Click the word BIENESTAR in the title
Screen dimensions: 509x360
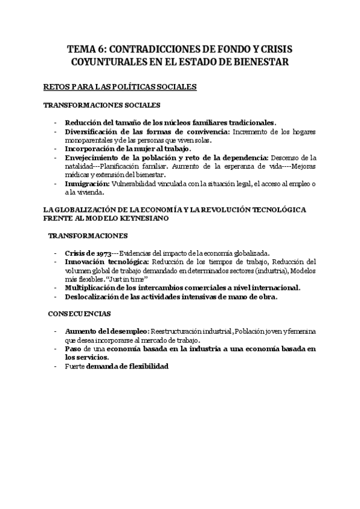(x=265, y=62)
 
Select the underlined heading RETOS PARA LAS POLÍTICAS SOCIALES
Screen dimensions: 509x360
(x=120, y=88)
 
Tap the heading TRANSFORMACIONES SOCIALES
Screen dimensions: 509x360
(x=101, y=106)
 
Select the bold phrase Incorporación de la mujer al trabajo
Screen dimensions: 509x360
(x=128, y=148)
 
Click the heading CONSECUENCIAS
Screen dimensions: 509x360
(x=79, y=314)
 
